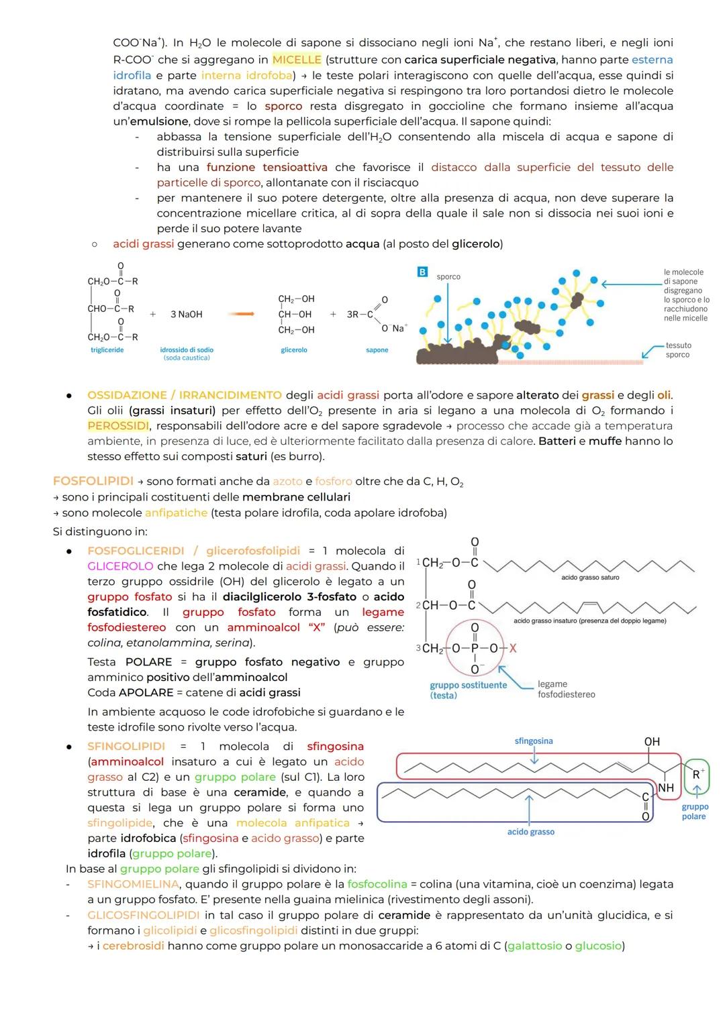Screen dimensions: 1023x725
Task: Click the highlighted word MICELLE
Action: click(296, 60)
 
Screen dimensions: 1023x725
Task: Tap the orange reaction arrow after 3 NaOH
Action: click(239, 314)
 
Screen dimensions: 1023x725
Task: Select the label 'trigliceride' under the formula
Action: click(107, 350)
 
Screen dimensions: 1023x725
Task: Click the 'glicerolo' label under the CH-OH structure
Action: click(294, 350)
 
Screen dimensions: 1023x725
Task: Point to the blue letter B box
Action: click(422, 272)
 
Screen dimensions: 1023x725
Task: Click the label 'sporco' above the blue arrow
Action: click(448, 276)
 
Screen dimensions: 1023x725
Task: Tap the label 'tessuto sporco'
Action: click(678, 350)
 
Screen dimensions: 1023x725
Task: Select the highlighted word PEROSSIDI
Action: click(117, 426)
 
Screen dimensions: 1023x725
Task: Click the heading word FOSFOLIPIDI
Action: click(93, 481)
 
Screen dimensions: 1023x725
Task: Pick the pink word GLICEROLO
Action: click(120, 566)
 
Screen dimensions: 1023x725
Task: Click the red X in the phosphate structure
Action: click(513, 649)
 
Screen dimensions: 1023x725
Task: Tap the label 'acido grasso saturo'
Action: click(590, 578)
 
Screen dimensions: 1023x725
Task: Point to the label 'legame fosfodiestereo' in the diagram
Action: click(566, 690)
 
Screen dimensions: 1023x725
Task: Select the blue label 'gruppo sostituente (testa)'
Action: click(468, 690)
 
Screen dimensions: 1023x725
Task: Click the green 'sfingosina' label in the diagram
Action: click(534, 741)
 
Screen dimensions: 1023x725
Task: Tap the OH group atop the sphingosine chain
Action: click(652, 742)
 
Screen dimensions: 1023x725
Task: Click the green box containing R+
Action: click(697, 775)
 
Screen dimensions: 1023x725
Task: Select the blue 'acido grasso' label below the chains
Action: click(530, 832)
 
